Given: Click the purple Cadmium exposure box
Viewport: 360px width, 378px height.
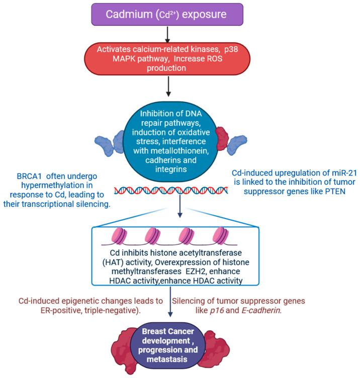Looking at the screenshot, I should (x=180, y=14).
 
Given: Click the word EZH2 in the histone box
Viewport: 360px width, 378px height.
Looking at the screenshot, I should (x=208, y=271).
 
